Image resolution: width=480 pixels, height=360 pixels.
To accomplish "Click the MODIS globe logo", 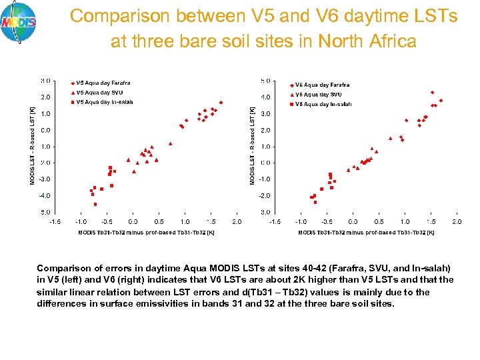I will point(19,22).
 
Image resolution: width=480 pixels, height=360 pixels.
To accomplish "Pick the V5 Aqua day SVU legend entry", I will point(99,92).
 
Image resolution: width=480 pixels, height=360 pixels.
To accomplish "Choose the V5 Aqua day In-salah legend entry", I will point(104,102).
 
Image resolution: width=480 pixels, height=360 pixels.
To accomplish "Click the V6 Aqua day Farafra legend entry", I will point(322,85).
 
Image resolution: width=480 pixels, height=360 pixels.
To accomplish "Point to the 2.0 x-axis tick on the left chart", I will point(237,221).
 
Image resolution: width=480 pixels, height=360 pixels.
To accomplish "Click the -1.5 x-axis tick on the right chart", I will point(274,221).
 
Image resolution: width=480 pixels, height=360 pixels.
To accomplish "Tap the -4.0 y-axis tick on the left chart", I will point(45,195).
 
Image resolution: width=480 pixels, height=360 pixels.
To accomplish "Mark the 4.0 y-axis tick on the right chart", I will point(265,97).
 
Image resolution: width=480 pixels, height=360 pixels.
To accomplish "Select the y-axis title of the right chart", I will point(252,146).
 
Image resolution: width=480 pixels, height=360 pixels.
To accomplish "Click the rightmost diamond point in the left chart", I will point(221,103).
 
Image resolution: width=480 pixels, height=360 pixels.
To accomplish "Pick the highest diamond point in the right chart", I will point(432,93).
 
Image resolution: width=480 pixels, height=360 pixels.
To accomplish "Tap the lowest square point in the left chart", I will point(95,204).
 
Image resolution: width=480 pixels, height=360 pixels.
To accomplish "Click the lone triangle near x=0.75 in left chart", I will point(171,143).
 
